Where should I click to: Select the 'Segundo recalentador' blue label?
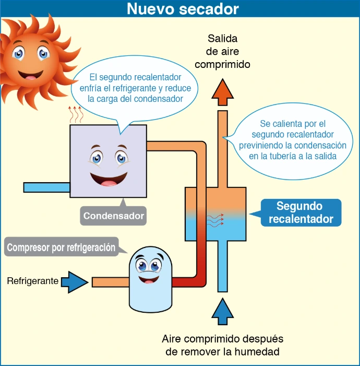(301, 212)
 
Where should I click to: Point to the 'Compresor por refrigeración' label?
(61, 247)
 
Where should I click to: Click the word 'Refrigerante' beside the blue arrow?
(32, 281)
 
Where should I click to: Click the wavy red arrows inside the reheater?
(215, 219)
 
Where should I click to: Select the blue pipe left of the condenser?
(46, 187)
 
